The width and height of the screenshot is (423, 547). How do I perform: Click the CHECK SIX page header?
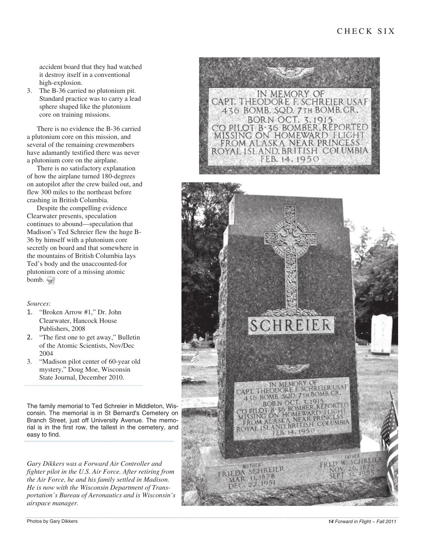(x=366, y=31)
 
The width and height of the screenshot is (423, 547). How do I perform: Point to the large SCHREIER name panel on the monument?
(x=291, y=326)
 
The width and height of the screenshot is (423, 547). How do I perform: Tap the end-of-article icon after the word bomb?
(x=51, y=280)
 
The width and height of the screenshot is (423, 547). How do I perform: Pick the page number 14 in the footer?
(x=330, y=521)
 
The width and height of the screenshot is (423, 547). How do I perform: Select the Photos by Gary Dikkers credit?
(x=52, y=521)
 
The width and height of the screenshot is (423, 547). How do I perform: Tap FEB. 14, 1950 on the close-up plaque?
(x=290, y=159)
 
